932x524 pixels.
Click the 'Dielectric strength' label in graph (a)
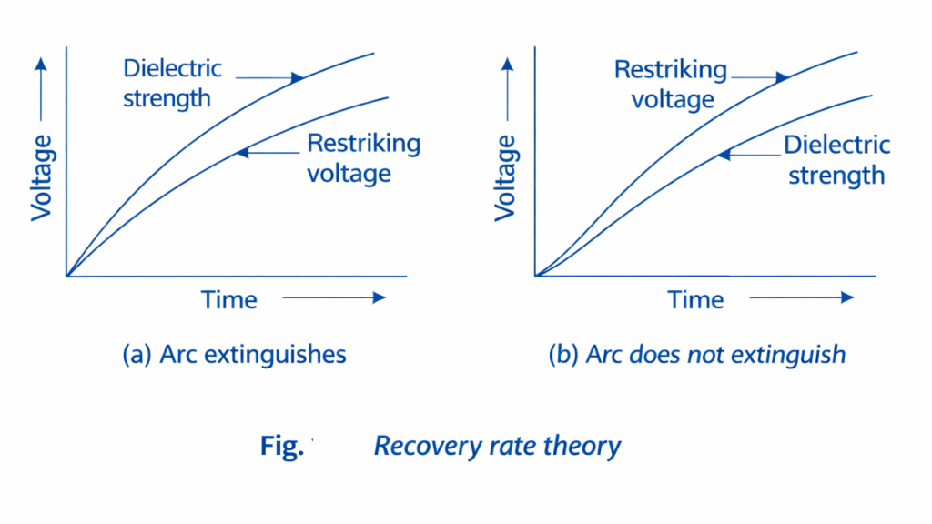172,83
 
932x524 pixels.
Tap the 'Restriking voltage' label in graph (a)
363,157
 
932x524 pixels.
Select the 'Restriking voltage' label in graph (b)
671,84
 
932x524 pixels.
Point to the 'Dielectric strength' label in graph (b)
836,159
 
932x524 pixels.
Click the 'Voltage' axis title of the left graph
41,177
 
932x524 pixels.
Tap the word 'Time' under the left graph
229,299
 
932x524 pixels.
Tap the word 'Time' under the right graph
696,299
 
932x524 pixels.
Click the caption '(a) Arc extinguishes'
234,354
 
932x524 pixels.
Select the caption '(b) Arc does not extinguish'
697,354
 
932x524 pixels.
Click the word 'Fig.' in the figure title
281,446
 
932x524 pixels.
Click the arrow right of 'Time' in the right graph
802,297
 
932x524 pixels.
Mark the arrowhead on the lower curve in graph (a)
242,153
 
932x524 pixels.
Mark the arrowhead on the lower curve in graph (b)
724,155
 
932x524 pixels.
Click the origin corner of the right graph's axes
535,275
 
